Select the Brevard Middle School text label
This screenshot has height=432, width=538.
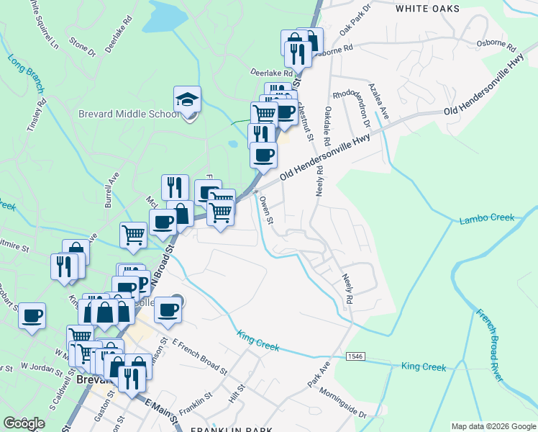click(x=129, y=114)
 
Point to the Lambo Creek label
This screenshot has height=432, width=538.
click(x=487, y=218)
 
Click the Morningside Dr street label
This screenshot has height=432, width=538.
click(x=338, y=404)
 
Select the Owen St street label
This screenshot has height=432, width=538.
click(x=266, y=210)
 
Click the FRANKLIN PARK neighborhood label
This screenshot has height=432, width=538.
click(x=231, y=429)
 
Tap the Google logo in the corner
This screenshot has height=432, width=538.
click(x=24, y=423)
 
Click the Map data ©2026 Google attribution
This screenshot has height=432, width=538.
click(x=493, y=426)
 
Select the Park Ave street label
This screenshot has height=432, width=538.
click(x=318, y=375)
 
